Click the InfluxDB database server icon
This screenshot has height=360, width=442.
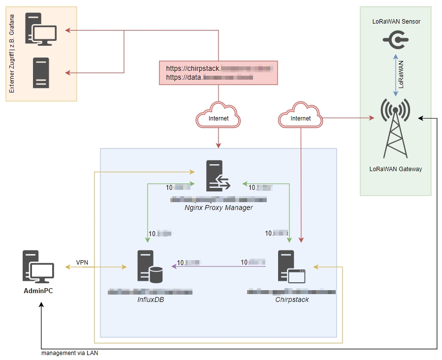pos(150,267)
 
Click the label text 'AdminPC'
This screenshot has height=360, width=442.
pos(38,291)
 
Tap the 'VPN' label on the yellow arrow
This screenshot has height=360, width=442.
pos(82,262)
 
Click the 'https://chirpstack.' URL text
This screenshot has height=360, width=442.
pos(192,69)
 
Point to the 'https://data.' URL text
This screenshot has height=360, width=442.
pos(184,77)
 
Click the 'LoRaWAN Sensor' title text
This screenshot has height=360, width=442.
pos(396,22)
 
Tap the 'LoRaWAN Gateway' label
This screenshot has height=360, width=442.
pos(396,169)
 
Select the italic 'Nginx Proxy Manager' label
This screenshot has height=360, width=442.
pos(219,208)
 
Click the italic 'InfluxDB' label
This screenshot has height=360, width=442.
pos(150,299)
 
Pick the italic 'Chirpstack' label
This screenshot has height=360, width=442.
pos(292,299)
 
